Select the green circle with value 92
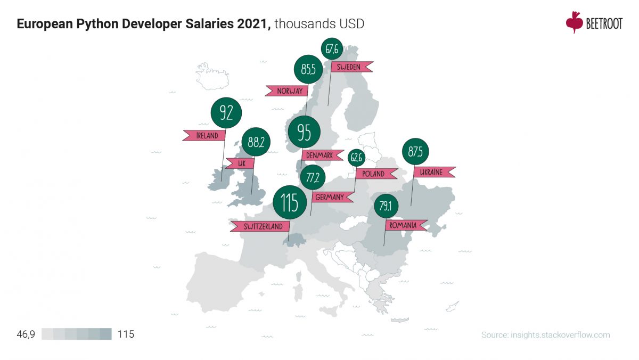[226, 113]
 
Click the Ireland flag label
[203, 135]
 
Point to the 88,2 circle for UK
[256, 142]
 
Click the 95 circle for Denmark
[304, 132]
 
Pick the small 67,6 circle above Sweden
[332, 49]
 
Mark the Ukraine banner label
[434, 172]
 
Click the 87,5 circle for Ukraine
[416, 152]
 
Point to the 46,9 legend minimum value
[26, 334]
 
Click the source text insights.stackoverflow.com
[545, 335]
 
